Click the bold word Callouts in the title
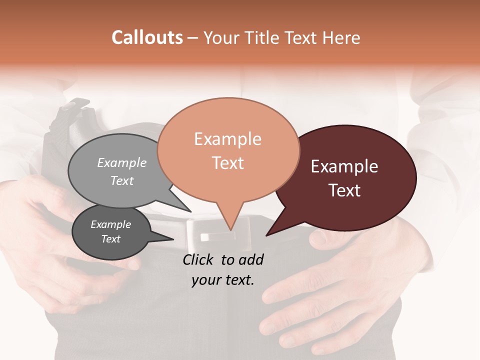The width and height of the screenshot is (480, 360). (147, 37)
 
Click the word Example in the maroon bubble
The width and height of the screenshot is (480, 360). (344, 166)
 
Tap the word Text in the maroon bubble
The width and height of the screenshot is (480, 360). (344, 190)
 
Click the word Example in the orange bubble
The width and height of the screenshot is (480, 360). (227, 139)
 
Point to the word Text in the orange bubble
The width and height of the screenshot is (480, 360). (228, 163)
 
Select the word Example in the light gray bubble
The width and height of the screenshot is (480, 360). (121, 162)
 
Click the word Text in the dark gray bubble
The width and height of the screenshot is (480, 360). (111, 239)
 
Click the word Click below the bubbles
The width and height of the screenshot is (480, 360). (199, 259)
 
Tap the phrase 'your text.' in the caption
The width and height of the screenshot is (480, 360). (223, 280)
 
